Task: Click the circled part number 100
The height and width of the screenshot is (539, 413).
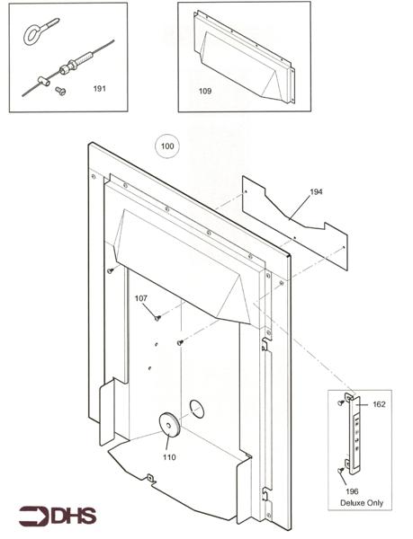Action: click(x=167, y=146)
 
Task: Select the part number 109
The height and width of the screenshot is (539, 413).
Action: click(x=204, y=91)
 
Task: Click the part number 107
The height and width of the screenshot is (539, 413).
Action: click(x=140, y=298)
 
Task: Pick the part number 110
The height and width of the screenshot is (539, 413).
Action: click(x=169, y=457)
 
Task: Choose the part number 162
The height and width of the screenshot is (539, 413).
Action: click(x=378, y=405)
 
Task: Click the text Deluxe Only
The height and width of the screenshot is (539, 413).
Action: click(x=361, y=503)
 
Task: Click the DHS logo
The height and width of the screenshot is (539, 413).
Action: click(x=58, y=517)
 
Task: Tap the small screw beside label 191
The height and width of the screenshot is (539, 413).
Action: click(x=60, y=91)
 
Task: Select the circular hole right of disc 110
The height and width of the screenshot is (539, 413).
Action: click(x=195, y=411)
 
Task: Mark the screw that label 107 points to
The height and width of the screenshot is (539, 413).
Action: click(x=157, y=317)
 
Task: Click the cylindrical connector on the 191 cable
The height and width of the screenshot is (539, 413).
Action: click(x=68, y=67)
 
